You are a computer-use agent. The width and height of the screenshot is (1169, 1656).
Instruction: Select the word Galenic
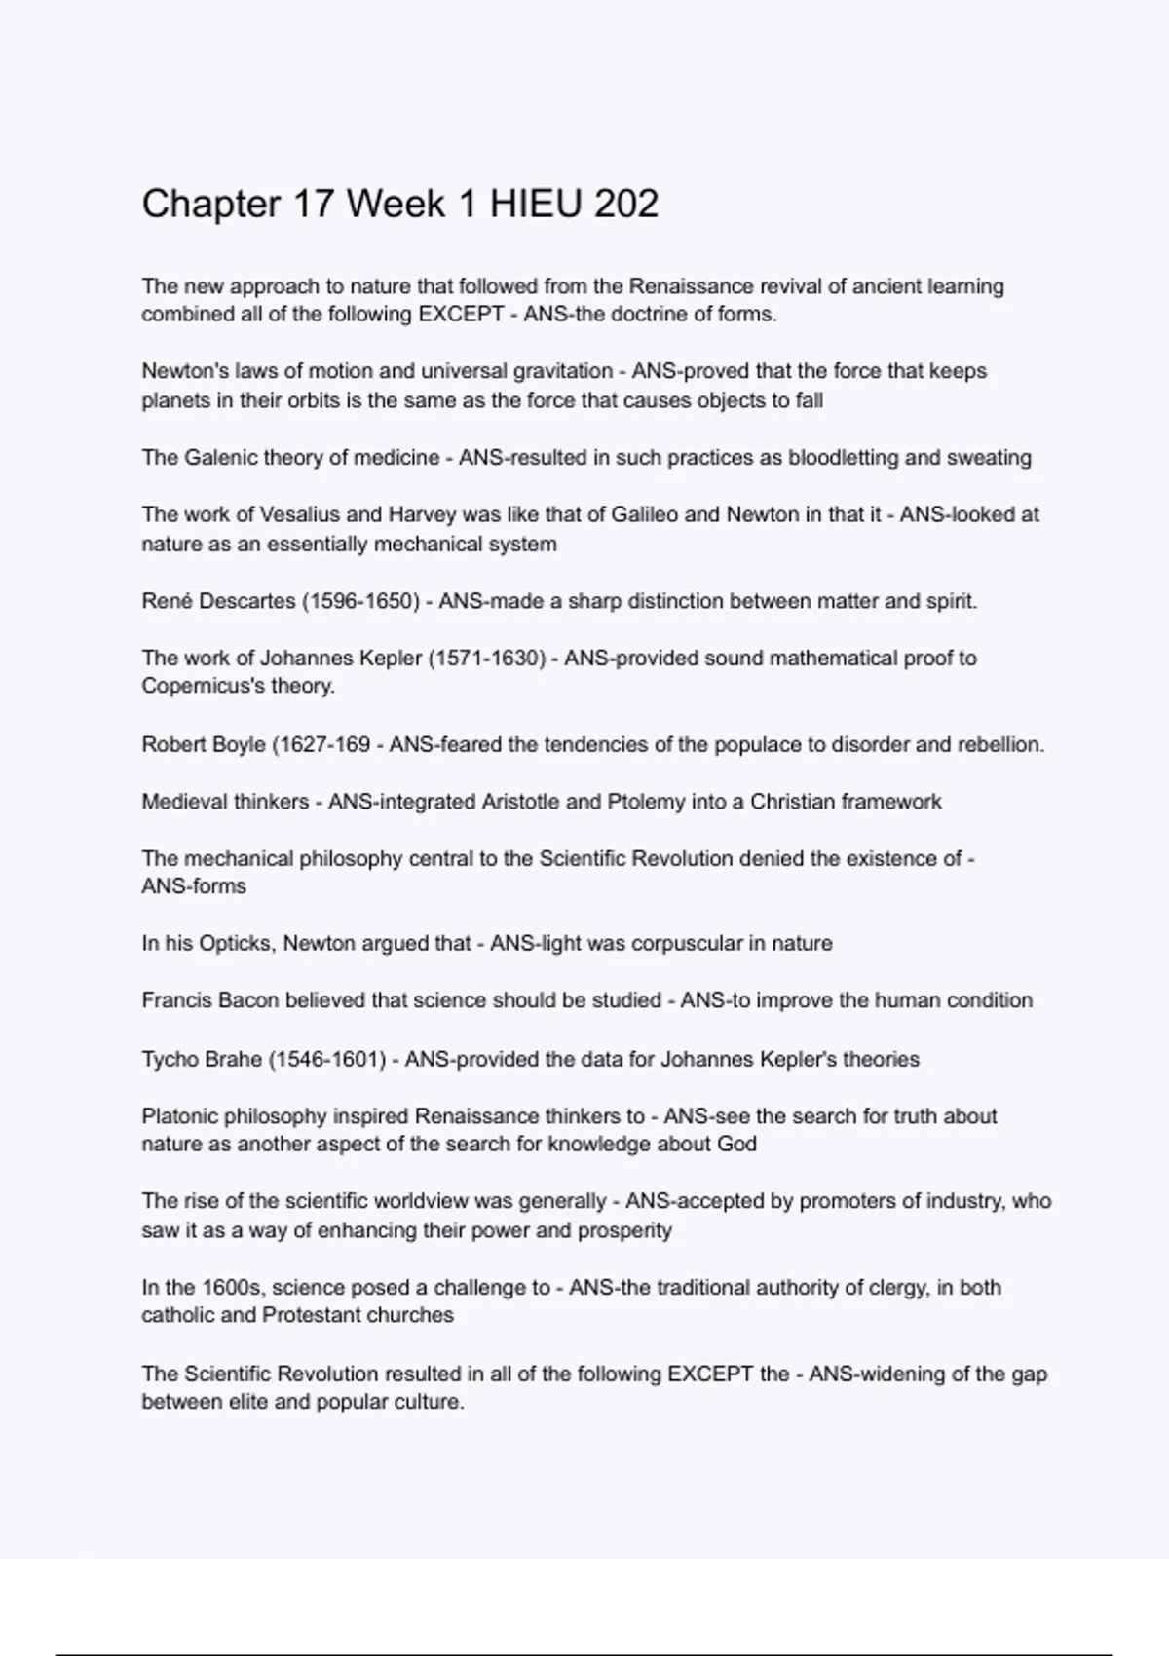coord(220,457)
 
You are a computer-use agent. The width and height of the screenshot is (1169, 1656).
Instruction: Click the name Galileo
coord(644,514)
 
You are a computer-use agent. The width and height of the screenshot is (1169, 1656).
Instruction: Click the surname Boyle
coord(237,745)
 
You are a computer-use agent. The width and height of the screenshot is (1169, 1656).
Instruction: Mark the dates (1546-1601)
coord(326,1059)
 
